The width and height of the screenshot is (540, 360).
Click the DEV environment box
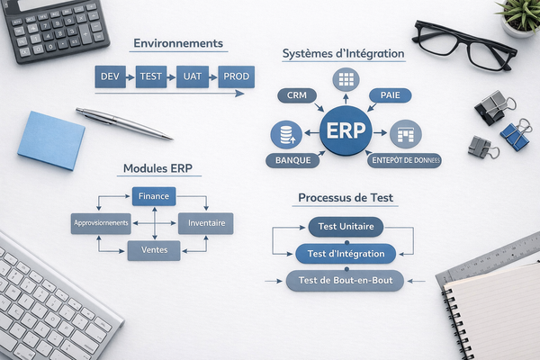pos(110,77)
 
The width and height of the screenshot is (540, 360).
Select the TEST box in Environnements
pos(151,77)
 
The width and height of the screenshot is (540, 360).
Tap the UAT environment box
pos(192,77)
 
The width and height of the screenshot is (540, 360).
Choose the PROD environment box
pos(236,77)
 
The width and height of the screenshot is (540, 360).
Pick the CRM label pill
pos(297,95)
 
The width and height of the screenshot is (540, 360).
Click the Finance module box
pos(154,195)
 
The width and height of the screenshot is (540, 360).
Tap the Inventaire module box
pos(206,222)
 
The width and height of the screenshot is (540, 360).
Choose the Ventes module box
pos(154,250)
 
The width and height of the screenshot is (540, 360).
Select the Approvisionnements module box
pos(100,222)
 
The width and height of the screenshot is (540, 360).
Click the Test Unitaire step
pos(346,226)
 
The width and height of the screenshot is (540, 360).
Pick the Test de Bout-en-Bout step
pos(346,281)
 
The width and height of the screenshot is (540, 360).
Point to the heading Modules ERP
pos(157,169)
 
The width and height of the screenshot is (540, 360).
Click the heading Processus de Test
pos(345,197)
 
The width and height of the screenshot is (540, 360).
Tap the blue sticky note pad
pos(50,140)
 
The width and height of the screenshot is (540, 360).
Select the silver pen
pos(123,122)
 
